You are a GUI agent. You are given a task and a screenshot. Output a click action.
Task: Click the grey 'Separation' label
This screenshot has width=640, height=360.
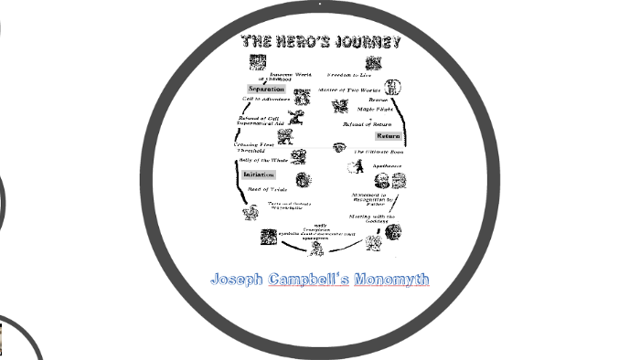(x=266, y=89)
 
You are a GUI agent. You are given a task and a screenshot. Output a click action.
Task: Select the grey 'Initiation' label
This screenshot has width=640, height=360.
(x=259, y=175)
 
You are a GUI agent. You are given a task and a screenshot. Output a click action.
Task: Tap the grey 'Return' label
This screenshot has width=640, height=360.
(x=388, y=136)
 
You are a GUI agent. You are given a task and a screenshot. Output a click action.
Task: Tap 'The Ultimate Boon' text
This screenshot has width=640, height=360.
(x=376, y=152)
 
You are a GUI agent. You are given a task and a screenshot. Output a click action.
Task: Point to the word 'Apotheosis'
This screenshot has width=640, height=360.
(x=386, y=166)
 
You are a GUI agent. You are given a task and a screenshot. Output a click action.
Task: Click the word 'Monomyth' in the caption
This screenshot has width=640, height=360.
(x=392, y=280)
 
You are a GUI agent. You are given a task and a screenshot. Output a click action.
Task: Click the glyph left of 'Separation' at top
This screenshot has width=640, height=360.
(x=256, y=63)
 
